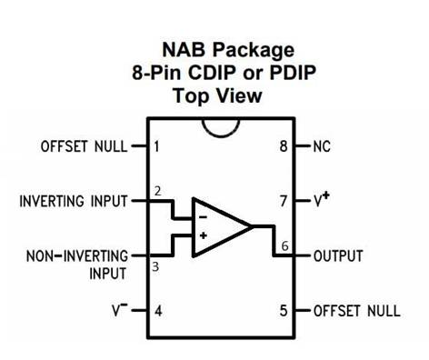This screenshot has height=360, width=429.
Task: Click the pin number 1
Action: [156, 146]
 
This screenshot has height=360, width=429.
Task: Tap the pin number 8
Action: [284, 146]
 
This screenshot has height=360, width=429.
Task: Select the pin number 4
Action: [158, 311]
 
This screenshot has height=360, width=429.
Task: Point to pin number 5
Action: [284, 311]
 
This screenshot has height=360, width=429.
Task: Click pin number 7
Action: [284, 201]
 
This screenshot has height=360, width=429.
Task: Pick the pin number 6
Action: [284, 245]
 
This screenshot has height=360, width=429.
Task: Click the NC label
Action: [322, 146]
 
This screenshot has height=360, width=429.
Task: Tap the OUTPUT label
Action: [338, 256]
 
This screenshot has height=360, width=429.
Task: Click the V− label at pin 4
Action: [120, 310]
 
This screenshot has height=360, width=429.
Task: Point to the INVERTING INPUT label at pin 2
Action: [74, 201]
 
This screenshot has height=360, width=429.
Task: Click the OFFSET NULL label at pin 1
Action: [84, 146]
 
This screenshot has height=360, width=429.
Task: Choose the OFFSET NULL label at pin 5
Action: [357, 311]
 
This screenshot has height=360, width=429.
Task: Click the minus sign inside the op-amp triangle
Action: [203, 217]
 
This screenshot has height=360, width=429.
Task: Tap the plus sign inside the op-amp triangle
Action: [204, 235]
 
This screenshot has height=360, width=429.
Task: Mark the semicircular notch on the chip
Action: [221, 128]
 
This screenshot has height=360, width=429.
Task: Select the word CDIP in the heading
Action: [212, 73]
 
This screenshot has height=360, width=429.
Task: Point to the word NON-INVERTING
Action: [77, 256]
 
